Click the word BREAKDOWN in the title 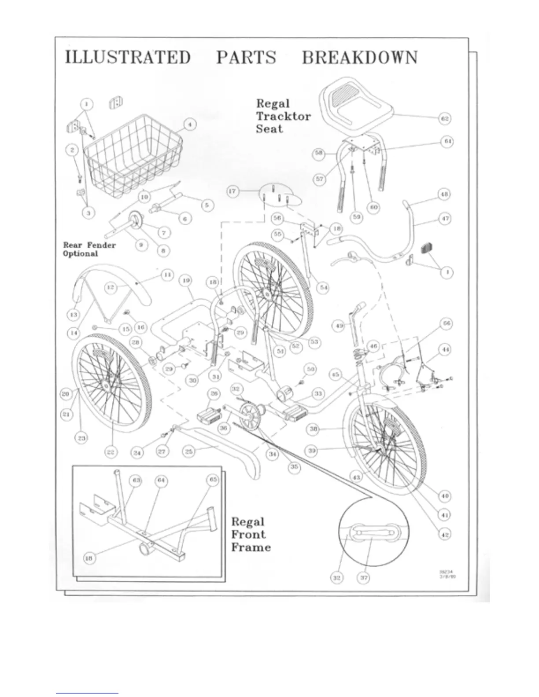[359, 58]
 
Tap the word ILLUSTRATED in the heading [128, 58]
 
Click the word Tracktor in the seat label [283, 116]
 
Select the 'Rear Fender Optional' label [89, 249]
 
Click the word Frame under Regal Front [251, 547]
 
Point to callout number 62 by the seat [445, 118]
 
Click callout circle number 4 [189, 125]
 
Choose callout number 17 [233, 191]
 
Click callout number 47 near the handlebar [445, 218]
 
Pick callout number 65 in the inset [213, 480]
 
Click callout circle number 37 [364, 578]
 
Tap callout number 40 [445, 496]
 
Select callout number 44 [446, 349]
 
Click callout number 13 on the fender [74, 315]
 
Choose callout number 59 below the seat [356, 216]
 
